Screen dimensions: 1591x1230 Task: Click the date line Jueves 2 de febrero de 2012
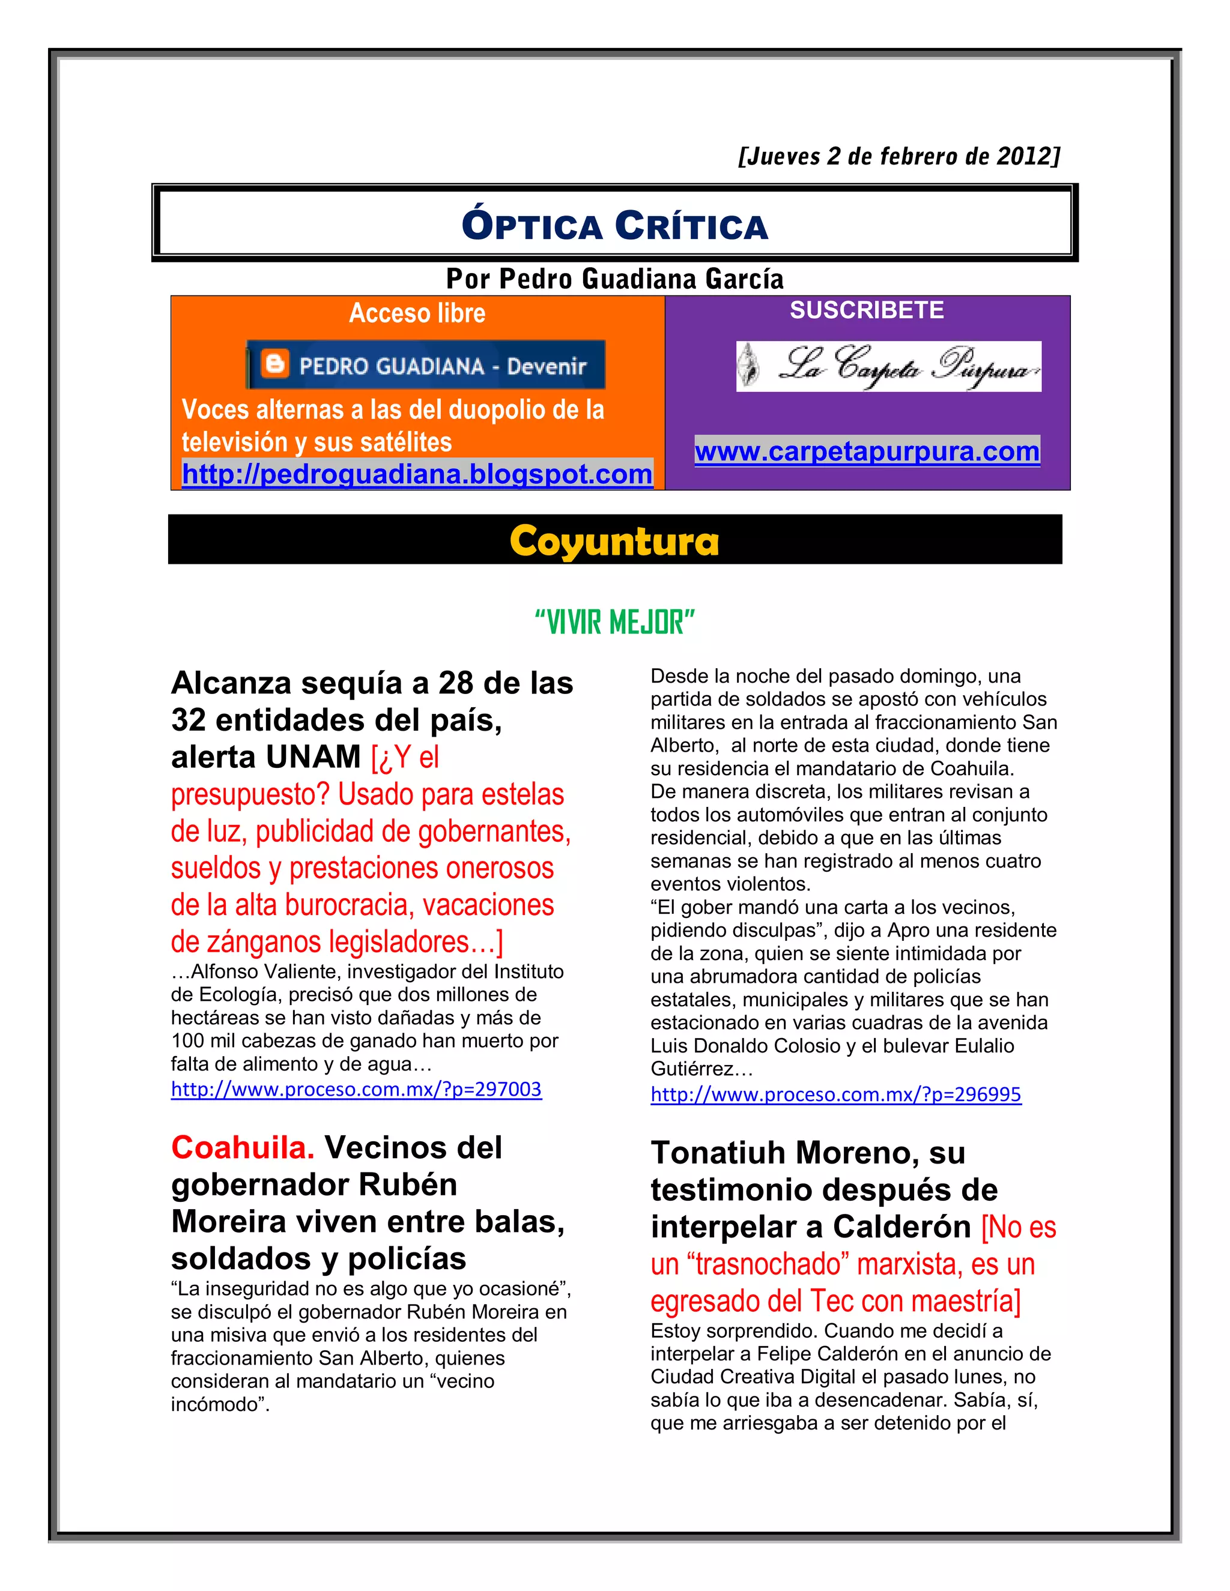click(898, 157)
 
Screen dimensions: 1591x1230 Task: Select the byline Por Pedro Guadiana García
click(614, 279)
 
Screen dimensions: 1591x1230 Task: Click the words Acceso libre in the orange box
click(417, 313)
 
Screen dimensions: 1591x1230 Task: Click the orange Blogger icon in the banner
click(274, 364)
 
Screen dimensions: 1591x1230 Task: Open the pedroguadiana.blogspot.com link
click(417, 474)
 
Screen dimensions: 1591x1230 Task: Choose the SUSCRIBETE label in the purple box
click(867, 310)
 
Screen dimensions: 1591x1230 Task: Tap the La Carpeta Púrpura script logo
click(888, 366)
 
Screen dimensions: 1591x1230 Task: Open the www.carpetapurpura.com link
click(867, 451)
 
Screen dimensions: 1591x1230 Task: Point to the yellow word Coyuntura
click(614, 542)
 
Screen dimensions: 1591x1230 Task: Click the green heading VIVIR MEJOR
click(614, 623)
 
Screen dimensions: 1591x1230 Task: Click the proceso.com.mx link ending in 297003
click(356, 1089)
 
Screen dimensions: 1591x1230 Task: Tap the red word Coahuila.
click(243, 1148)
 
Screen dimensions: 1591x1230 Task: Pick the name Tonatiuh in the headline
click(718, 1153)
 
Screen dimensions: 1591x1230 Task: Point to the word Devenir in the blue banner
click(547, 366)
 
